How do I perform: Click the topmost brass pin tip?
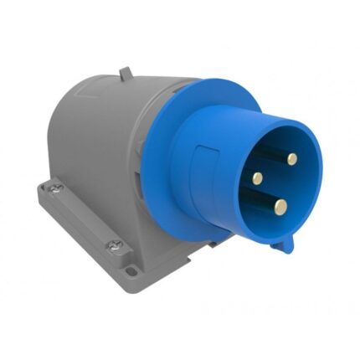(x=293, y=158)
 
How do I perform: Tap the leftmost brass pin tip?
(x=259, y=177)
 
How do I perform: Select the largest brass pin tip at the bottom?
(x=281, y=206)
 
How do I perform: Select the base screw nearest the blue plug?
(x=114, y=245)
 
